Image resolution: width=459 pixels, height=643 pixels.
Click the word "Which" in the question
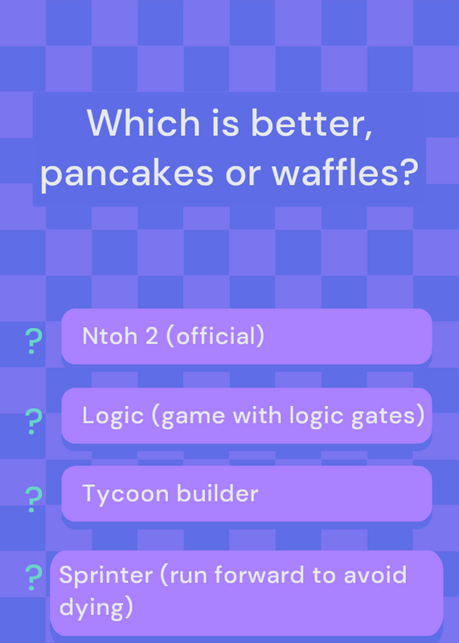pos(144,123)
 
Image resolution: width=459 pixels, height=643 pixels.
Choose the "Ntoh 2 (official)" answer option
pos(247,336)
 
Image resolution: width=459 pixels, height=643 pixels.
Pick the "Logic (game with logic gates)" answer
pos(247,416)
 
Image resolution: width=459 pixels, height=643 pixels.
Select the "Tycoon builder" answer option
pos(247,494)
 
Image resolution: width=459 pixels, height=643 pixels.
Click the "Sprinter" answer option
pos(247,593)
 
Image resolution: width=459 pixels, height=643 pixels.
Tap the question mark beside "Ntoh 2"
pos(33,341)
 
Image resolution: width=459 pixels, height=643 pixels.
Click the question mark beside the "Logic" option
pos(33,421)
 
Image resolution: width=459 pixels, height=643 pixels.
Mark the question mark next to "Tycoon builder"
pos(33,499)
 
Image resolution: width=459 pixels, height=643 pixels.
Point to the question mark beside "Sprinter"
pos(33,577)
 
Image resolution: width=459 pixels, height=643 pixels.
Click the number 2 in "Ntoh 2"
pos(151,336)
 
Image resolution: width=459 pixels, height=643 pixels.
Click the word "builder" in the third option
pos(217,494)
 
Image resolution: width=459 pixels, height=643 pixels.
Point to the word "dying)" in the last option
pos(96,608)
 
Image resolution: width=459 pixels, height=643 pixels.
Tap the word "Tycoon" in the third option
pos(126,494)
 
